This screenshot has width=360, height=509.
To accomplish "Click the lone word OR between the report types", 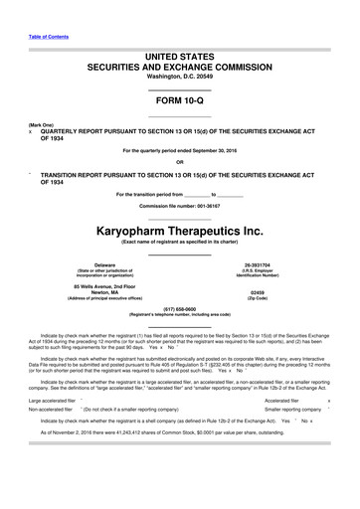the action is click(x=179, y=163).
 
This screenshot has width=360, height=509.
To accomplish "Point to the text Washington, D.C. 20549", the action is click(x=179, y=76).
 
